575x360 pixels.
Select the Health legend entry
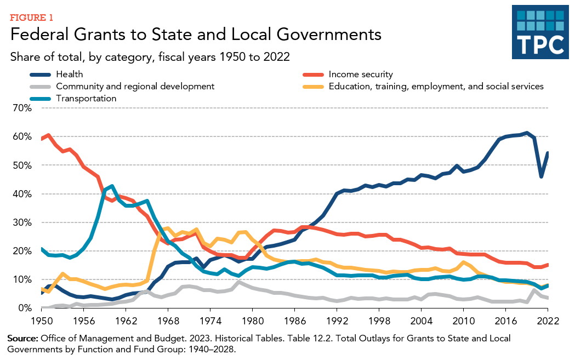pyautogui.click(x=69, y=75)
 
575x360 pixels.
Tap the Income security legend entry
pyautogui.click(x=360, y=75)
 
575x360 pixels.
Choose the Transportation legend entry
pyautogui.click(x=86, y=99)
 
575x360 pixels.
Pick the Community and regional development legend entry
pyautogui.click(x=135, y=87)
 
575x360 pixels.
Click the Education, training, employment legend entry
pyautogui.click(x=436, y=87)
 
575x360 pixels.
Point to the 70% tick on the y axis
pyautogui.click(x=22, y=108)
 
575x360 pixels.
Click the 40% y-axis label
pyautogui.click(x=22, y=194)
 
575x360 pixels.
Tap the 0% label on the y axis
pyautogui.click(x=25, y=308)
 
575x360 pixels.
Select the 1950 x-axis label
pyautogui.click(x=41, y=321)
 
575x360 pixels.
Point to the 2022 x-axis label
pyautogui.click(x=548, y=321)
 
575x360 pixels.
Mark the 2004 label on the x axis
pyautogui.click(x=421, y=321)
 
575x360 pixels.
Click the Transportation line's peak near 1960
pyautogui.click(x=112, y=186)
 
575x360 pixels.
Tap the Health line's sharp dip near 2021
pyautogui.click(x=541, y=176)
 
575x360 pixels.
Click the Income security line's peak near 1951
pyautogui.click(x=49, y=135)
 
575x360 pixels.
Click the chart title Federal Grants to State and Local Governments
pyautogui.click(x=196, y=35)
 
